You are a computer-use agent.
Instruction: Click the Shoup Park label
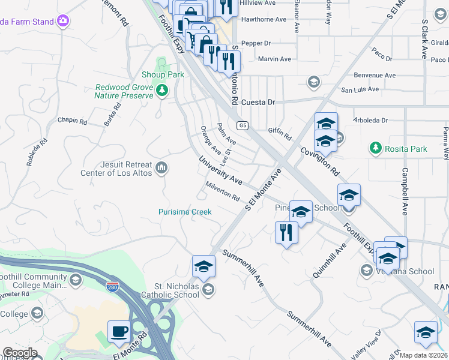(163, 74)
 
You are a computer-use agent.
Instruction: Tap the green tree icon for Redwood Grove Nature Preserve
(161, 91)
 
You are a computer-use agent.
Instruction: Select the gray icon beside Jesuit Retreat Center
(161, 167)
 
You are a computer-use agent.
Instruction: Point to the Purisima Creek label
(185, 212)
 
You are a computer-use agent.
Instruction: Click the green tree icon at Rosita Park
(375, 148)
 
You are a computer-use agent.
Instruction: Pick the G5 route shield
(242, 125)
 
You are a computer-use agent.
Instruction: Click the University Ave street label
(221, 171)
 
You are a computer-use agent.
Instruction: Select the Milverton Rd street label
(222, 191)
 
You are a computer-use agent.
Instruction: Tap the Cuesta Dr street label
(258, 102)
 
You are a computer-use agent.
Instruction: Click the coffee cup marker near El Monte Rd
(118, 331)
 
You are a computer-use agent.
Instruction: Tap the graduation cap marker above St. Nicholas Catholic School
(203, 266)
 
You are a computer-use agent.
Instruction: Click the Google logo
(20, 353)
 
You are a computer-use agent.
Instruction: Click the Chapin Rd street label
(72, 121)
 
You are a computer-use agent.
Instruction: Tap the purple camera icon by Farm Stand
(63, 22)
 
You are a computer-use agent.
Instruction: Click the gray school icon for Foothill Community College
(76, 280)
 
